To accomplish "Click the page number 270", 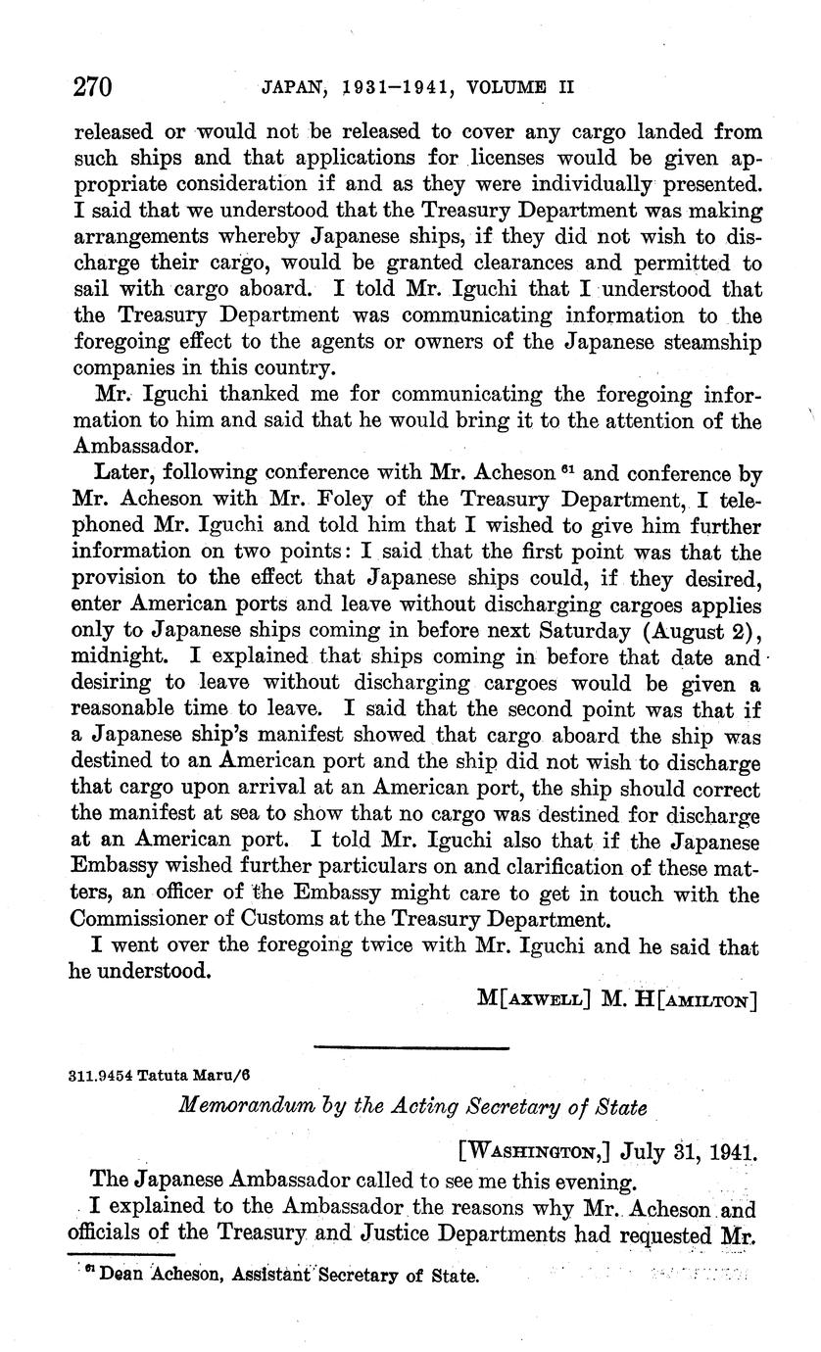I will (95, 87).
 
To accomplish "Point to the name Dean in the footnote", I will (120, 1277).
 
